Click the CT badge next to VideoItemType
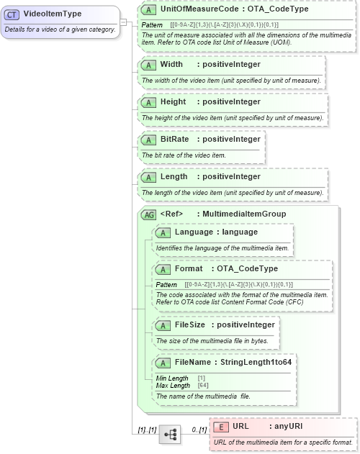coord(14,14)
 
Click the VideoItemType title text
coord(52,14)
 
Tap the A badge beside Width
coord(149,64)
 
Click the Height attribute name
coord(174,101)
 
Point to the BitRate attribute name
coord(175,139)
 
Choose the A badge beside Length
coord(149,176)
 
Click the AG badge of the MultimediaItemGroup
coord(149,214)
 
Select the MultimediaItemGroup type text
coord(244,214)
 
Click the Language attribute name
coord(195,232)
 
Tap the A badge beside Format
coord(163,269)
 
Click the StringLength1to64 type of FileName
coord(261,363)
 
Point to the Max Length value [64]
coord(204,386)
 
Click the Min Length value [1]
coord(202,378)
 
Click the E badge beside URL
coord(221,426)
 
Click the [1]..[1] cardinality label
coord(147,430)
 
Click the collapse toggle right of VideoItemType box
coord(123,22)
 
